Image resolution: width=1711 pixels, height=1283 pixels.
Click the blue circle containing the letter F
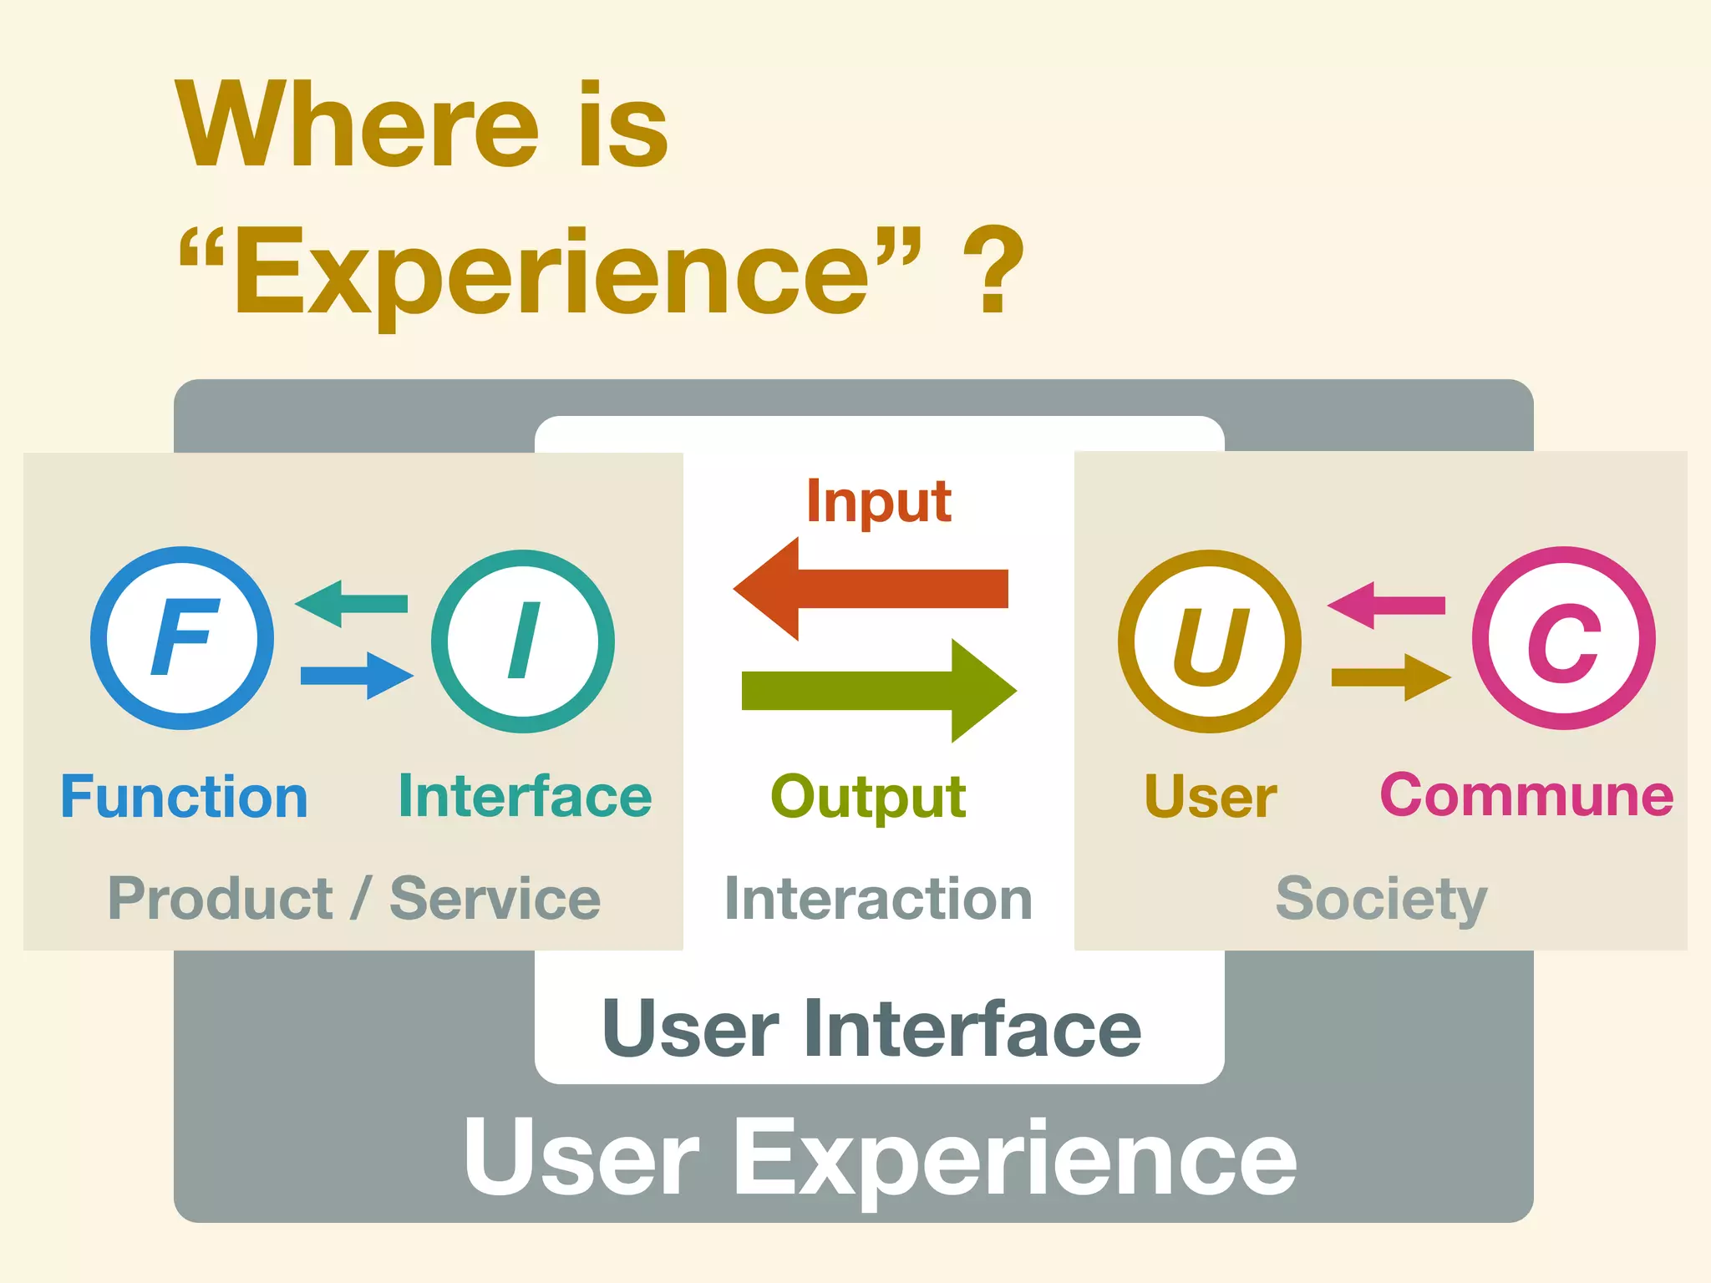point(182,638)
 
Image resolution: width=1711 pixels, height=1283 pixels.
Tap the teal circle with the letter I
point(523,641)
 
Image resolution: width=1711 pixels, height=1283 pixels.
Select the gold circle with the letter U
point(1210,641)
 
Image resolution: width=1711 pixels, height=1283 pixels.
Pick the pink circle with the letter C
point(1564,638)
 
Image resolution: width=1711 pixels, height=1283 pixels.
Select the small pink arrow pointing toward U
point(1386,606)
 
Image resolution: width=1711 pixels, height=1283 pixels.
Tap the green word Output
point(868,798)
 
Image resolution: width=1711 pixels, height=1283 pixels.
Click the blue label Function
point(185,797)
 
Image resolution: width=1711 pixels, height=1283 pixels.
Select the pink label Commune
point(1526,795)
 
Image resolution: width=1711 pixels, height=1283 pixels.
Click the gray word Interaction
point(878,900)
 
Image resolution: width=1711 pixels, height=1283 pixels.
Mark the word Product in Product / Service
point(221,899)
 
